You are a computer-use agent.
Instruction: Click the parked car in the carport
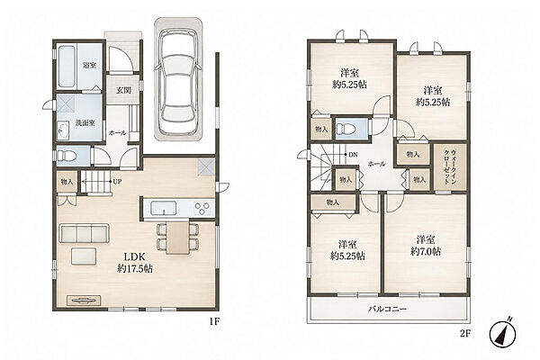[177, 82]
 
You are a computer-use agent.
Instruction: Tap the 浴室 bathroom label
[89, 65]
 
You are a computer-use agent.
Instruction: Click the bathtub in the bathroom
[67, 67]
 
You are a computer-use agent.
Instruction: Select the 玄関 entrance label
[123, 91]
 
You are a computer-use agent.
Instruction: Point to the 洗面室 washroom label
[85, 123]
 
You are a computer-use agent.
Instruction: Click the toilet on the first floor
[67, 156]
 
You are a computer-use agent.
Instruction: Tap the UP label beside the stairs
[117, 182]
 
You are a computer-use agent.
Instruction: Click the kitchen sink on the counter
[164, 208]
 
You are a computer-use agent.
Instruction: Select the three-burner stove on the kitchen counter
[202, 208]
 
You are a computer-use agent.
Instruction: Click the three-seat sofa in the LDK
[85, 234]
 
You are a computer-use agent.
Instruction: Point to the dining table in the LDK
[177, 238]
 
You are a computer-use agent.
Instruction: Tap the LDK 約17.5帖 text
[135, 263]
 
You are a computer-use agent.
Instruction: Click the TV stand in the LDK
[84, 300]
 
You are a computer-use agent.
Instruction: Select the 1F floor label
[213, 322]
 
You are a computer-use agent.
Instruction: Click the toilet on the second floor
[346, 130]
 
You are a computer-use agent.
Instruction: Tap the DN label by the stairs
[353, 155]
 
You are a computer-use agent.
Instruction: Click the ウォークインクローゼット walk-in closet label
[450, 167]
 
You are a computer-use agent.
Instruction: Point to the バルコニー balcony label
[388, 309]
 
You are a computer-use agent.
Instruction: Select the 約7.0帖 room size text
[426, 251]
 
